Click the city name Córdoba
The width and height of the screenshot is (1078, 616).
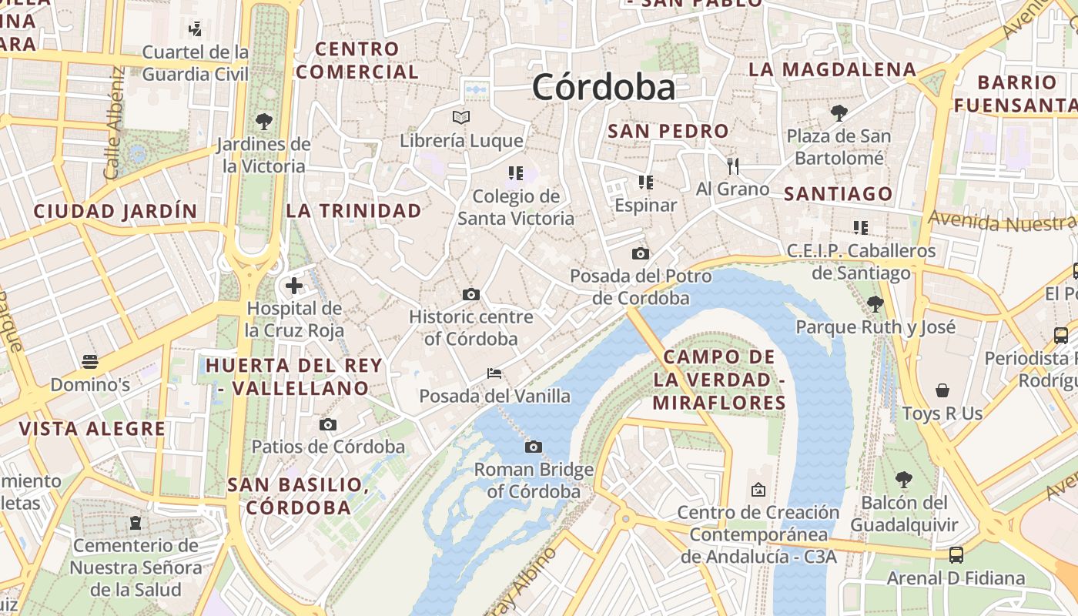pyautogui.click(x=603, y=87)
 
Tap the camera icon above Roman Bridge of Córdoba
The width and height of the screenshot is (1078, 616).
pyautogui.click(x=533, y=447)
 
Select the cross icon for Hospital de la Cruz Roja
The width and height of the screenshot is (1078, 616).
pyautogui.click(x=293, y=286)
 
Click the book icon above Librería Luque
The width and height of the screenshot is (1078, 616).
pyautogui.click(x=461, y=117)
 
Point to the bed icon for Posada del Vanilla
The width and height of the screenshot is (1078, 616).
pyautogui.click(x=494, y=373)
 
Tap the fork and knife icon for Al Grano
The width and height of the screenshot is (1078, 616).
pyautogui.click(x=732, y=165)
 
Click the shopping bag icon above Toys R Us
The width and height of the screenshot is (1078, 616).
pyautogui.click(x=942, y=390)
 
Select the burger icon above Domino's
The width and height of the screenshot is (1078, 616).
pyautogui.click(x=90, y=361)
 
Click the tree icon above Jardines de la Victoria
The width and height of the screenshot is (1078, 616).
pyautogui.click(x=263, y=121)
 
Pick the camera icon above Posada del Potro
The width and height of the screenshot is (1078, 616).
pyautogui.click(x=640, y=253)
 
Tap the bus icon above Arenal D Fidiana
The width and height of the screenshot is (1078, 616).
pyautogui.click(x=956, y=554)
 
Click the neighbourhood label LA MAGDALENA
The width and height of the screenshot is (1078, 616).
pyautogui.click(x=832, y=69)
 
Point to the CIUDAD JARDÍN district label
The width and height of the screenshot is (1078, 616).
pyautogui.click(x=115, y=211)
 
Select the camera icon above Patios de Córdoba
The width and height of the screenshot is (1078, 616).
pyautogui.click(x=328, y=424)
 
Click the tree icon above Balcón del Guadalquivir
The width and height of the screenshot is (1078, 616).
pyautogui.click(x=904, y=480)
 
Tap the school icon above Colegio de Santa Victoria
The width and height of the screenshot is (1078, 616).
pyautogui.click(x=515, y=173)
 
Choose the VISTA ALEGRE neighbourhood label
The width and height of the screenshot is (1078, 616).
pyautogui.click(x=92, y=429)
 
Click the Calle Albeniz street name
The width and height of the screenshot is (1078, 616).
pyautogui.click(x=113, y=123)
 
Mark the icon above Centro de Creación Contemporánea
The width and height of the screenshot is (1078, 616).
pyautogui.click(x=758, y=489)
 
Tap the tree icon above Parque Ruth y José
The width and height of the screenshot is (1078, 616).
pyautogui.click(x=875, y=304)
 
